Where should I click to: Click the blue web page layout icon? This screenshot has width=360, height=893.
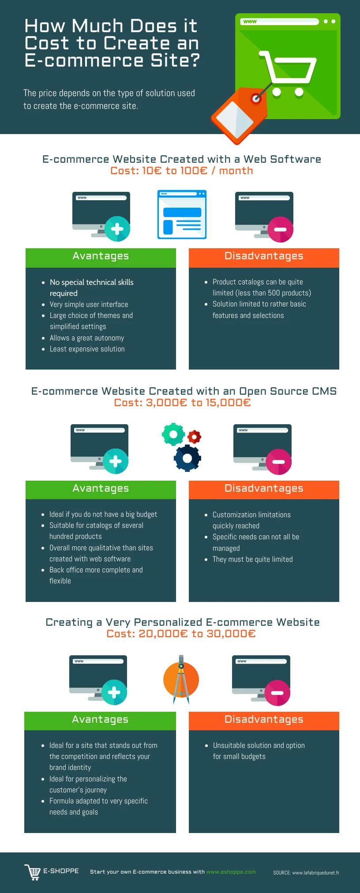click(182, 215)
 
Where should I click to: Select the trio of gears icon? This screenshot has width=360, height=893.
click(182, 447)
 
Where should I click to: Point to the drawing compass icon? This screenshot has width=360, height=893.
click(181, 680)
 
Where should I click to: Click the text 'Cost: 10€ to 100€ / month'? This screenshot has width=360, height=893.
click(182, 171)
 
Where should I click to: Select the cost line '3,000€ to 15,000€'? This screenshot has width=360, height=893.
click(182, 403)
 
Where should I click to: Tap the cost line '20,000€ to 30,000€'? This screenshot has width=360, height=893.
click(181, 634)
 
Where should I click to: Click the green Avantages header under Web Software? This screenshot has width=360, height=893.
click(101, 257)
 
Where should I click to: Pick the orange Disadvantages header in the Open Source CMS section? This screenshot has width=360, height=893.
click(264, 489)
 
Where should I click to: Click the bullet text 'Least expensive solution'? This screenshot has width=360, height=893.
click(87, 349)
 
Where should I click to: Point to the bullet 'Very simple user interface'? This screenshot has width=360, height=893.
click(89, 304)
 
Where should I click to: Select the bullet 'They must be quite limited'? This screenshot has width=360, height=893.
click(252, 559)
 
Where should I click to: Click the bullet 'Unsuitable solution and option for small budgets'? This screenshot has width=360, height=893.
click(258, 751)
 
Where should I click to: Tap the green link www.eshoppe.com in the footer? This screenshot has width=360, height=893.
click(231, 872)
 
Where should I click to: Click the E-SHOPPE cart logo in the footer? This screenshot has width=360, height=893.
click(33, 872)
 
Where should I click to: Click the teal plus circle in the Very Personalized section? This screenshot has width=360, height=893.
click(114, 692)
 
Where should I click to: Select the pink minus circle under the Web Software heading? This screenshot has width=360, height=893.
click(280, 229)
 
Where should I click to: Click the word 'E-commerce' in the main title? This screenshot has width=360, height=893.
click(84, 60)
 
